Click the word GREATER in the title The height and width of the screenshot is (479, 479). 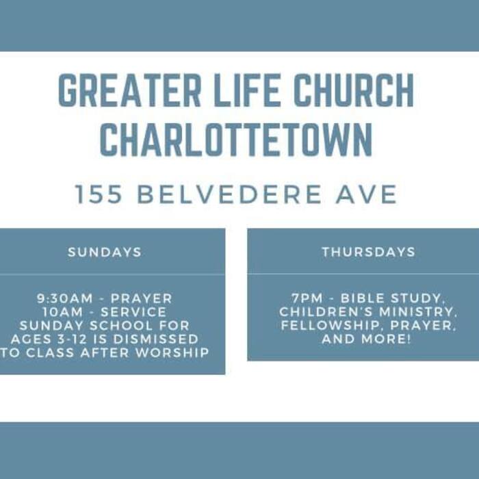[x=129, y=90]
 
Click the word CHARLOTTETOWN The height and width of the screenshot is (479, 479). [x=236, y=140]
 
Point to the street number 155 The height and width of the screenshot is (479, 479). [x=99, y=194]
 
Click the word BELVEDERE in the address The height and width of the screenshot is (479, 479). [x=229, y=194]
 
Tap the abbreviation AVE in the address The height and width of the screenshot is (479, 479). [x=366, y=194]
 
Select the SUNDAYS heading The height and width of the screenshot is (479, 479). [x=105, y=253]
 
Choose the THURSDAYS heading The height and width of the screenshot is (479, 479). [x=369, y=252]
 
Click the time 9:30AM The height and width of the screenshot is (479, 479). [x=64, y=298]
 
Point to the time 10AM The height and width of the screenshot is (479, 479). [x=63, y=312]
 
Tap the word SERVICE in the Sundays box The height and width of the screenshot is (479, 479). [x=133, y=312]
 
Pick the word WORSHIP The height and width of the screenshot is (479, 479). [x=172, y=352]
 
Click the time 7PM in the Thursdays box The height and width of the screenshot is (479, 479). [x=307, y=298]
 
